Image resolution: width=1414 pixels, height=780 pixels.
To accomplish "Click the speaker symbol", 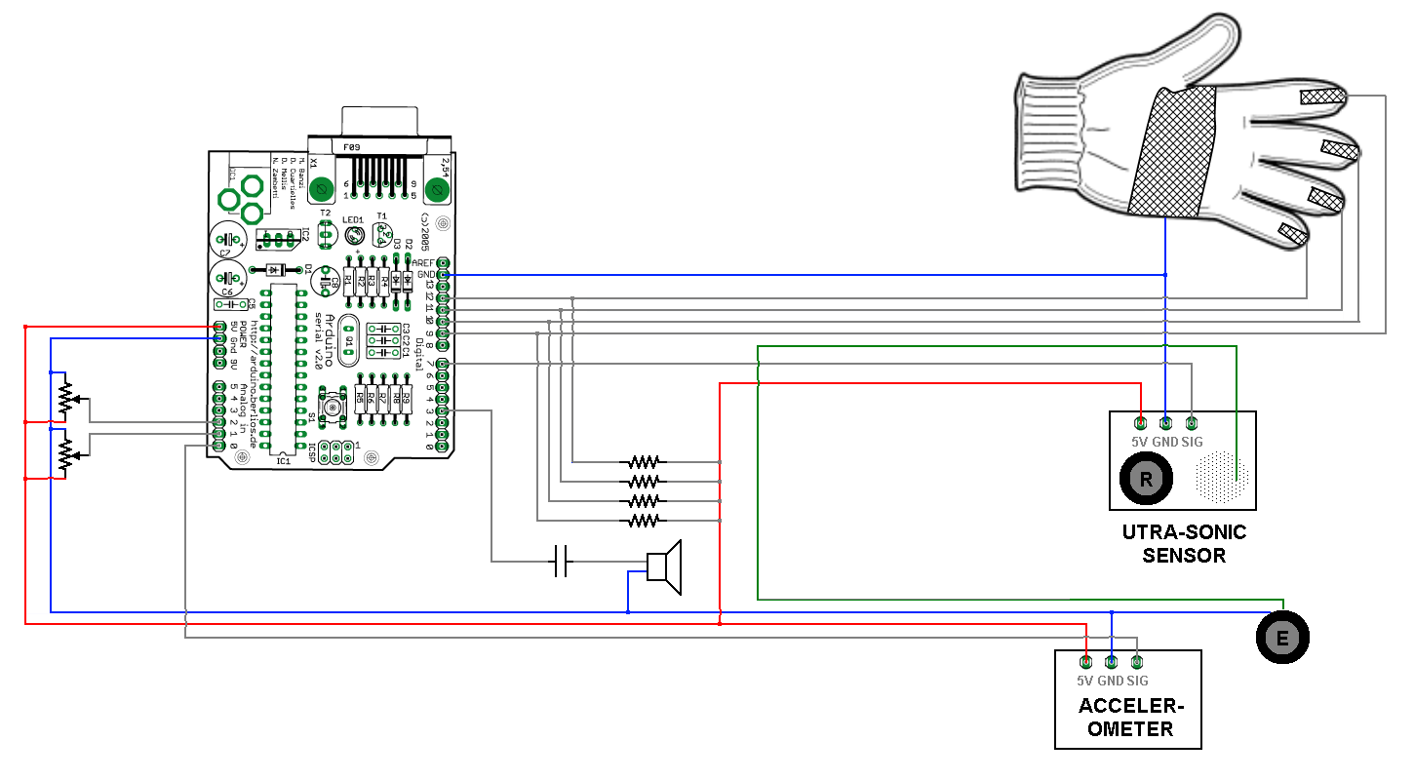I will (665, 566).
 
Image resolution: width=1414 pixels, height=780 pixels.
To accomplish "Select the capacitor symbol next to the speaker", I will (560, 562).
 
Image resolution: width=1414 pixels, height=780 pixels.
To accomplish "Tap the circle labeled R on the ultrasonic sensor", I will (1147, 479).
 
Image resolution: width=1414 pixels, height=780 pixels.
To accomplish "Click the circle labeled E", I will (1282, 639).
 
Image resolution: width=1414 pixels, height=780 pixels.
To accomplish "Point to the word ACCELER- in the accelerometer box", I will (1128, 707).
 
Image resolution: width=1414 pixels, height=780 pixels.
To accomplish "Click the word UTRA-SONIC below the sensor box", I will (1184, 532).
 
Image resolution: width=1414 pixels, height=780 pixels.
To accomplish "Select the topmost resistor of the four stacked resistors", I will (644, 461).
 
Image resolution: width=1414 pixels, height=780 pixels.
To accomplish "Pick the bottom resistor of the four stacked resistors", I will (644, 522).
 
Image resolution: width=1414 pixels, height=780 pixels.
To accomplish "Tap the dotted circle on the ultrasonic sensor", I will (1221, 478).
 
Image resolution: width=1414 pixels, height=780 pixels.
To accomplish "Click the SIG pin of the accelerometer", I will (1136, 663).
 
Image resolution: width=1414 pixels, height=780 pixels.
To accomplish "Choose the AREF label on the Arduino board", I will (424, 263).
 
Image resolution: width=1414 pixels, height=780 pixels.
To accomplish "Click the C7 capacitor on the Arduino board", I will (227, 238).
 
